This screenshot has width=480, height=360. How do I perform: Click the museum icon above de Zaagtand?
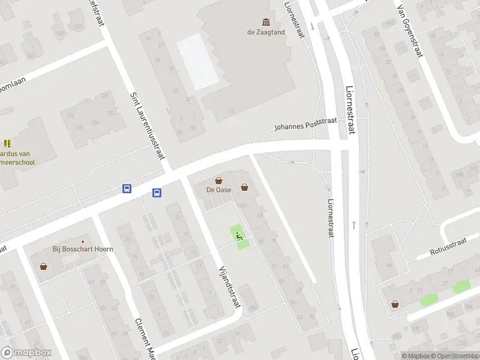point(265,22)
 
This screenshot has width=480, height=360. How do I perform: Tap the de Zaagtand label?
point(265,32)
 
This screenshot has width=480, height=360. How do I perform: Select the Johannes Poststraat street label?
point(305,124)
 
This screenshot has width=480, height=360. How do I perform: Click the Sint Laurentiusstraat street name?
point(148,125)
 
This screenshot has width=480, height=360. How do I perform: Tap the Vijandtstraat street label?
point(230,286)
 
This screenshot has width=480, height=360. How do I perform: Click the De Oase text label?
point(219,190)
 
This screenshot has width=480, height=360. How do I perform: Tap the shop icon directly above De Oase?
point(219,180)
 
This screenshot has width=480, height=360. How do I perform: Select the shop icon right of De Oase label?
point(244,187)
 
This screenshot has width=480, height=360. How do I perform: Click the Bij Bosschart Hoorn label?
point(82,249)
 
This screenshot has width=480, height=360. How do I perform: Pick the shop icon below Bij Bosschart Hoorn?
point(43,266)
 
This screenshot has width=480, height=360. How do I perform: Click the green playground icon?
point(239,236)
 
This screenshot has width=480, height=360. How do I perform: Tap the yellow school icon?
point(7,143)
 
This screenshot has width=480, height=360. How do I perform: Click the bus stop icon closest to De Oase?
point(157,193)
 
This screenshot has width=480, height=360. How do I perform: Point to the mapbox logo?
point(26,353)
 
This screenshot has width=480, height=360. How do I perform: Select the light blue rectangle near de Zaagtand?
point(199,60)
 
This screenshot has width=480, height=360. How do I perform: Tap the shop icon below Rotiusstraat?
point(395,304)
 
